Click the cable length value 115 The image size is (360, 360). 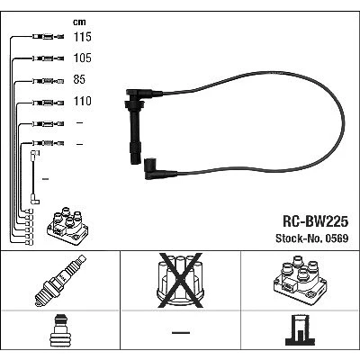83,37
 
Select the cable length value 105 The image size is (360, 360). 83,58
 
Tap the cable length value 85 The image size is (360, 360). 79,79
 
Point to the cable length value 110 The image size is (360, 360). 83,101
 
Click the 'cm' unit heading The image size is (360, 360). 79,22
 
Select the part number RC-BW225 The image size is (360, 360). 315,221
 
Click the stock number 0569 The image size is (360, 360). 337,238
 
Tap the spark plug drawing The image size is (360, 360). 60,281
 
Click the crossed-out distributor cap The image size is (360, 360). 181,281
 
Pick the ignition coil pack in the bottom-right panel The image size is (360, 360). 300,280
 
